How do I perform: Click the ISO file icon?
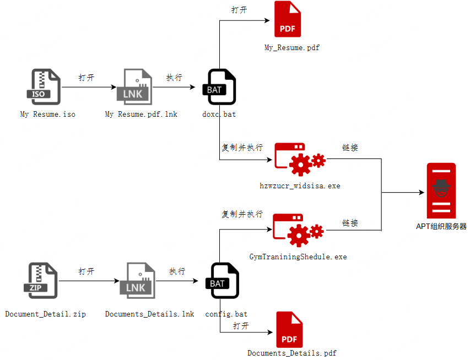44,87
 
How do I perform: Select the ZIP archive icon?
41,281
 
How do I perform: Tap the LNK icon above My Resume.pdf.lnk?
134,87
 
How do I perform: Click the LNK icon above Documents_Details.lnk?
138,281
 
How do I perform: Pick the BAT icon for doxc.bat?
219,87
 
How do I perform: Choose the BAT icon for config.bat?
223,281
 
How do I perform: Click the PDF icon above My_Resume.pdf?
288,19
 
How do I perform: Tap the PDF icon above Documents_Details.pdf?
289,330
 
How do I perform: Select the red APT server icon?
441,191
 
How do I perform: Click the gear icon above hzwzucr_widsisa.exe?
300,160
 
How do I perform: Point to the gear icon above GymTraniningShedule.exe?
298,230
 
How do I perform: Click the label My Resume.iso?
47,114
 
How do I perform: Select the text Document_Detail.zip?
46,314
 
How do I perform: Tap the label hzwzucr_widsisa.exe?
300,186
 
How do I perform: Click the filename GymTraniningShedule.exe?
298,257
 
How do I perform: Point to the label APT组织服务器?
441,226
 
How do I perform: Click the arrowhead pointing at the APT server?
422,192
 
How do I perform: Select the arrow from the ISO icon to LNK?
89,87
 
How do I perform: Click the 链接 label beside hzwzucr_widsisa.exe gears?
350,148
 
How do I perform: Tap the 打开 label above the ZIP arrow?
87,271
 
